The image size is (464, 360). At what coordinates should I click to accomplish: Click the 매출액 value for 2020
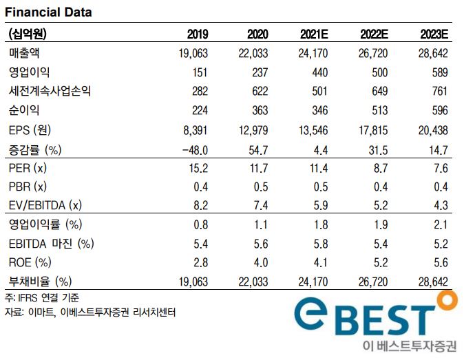coord(253,53)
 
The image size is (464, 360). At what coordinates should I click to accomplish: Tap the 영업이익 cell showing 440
coord(321,72)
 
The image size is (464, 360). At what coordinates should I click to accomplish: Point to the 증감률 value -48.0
coord(194,149)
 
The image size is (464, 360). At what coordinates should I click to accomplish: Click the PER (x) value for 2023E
coord(441,167)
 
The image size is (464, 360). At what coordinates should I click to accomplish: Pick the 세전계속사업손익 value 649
coord(381,92)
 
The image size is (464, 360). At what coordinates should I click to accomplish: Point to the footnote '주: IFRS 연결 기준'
coord(41,298)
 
